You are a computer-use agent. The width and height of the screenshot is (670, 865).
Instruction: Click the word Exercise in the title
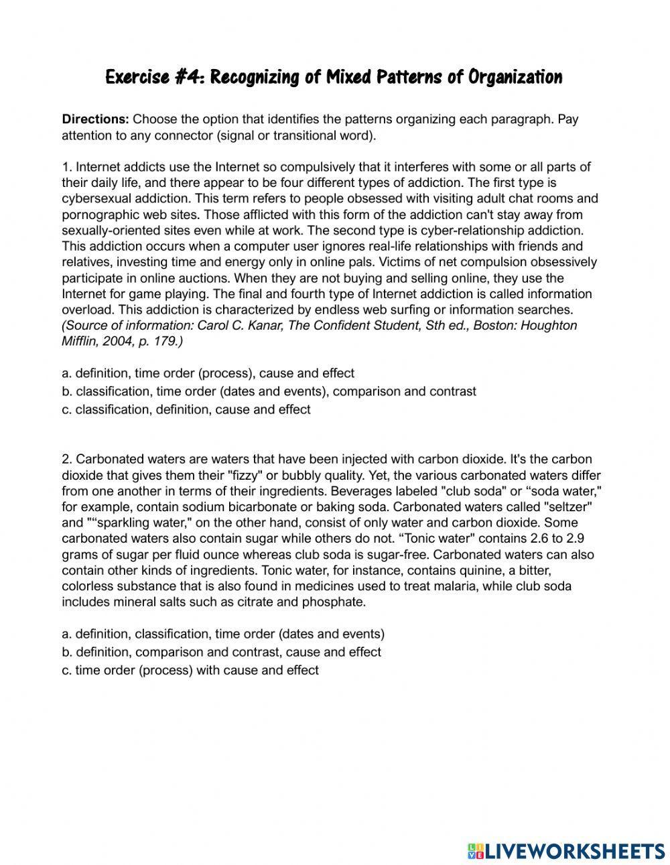(137, 78)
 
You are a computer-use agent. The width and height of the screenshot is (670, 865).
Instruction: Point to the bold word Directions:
(95, 120)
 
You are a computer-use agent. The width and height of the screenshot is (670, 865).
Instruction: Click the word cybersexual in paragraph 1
(95, 198)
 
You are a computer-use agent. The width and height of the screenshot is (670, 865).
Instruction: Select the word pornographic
(97, 214)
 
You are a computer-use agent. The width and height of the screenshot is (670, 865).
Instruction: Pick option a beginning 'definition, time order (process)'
(208, 373)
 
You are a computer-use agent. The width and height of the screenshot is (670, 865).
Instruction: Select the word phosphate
(340, 602)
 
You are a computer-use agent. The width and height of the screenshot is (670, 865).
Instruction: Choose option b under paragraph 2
(221, 652)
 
